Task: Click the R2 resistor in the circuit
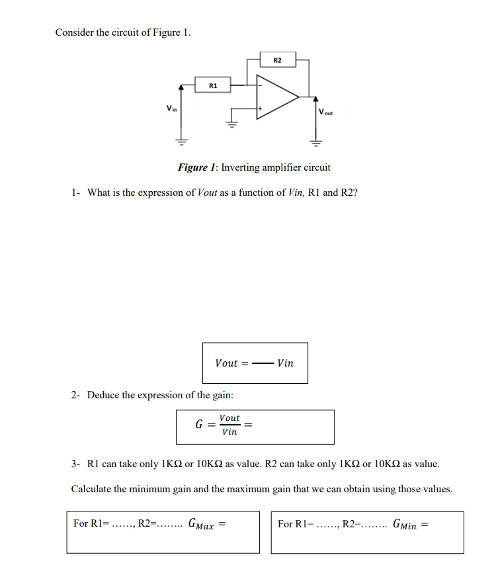tap(277, 60)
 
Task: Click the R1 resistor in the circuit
tap(212, 85)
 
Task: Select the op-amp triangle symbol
tap(275, 96)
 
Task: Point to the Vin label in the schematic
tap(171, 108)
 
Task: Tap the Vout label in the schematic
tap(326, 112)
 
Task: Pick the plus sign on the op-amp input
tap(261, 108)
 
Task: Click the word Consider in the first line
tap(75, 32)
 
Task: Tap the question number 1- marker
tap(76, 193)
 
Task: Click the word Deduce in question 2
tap(103, 395)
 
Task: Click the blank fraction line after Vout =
tap(263, 363)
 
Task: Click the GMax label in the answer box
tap(202, 525)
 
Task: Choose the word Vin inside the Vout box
tap(286, 363)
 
